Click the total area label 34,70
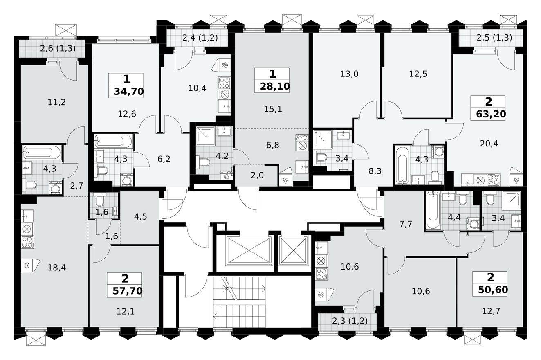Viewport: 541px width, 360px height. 126,92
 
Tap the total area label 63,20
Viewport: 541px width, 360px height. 491,114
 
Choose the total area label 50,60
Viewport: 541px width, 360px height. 490,290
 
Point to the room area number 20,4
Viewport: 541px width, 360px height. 489,143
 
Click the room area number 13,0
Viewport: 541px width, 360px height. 349,74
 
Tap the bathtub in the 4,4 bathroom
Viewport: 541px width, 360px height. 432,211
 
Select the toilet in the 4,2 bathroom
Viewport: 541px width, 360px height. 202,162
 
